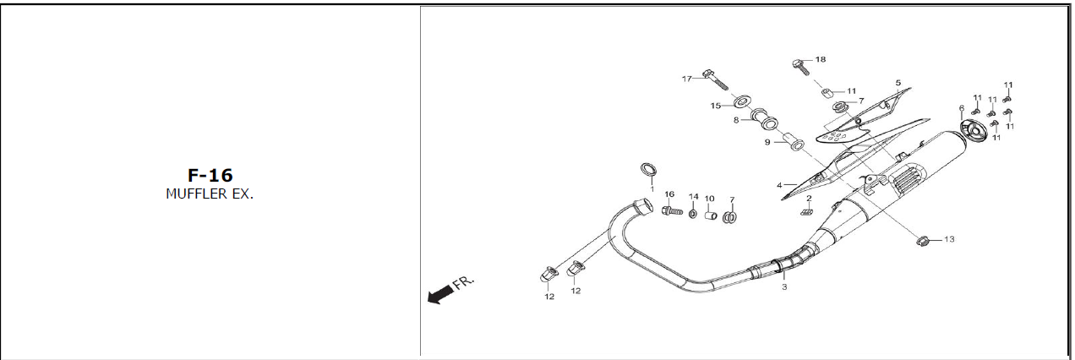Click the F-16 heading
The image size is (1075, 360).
click(x=210, y=175)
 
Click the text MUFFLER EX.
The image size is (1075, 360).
click(x=210, y=194)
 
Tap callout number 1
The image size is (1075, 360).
click(x=652, y=188)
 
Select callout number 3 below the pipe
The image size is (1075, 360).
click(x=783, y=287)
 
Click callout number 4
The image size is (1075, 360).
click(x=780, y=184)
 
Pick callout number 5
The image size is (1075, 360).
click(x=898, y=83)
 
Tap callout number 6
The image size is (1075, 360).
click(x=961, y=108)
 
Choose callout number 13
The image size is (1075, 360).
click(x=948, y=240)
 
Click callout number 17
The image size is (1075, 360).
click(x=687, y=79)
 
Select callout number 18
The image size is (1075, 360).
click(x=820, y=60)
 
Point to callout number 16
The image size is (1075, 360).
click(x=668, y=194)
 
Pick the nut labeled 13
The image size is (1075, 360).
click(x=923, y=242)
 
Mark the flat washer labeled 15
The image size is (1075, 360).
click(x=741, y=103)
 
